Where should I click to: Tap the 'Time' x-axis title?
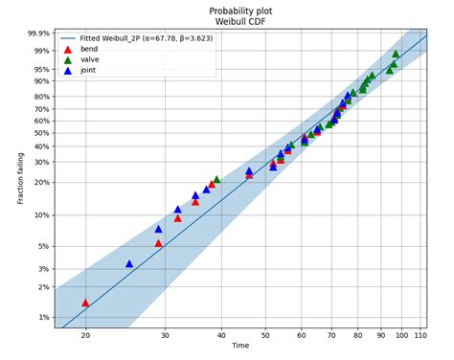coord(240,346)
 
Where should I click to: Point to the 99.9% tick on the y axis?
coord(35,33)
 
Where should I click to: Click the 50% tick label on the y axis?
coord(38,133)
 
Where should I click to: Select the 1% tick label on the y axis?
coord(41,317)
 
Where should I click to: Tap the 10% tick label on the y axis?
coord(38,215)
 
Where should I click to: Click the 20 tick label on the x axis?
coord(85,334)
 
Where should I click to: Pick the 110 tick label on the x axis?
coord(420,334)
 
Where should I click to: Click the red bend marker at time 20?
coord(85,303)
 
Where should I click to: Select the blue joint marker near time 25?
coord(129,263)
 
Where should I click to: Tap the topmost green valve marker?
coord(396,54)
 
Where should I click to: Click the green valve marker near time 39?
coord(216,179)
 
